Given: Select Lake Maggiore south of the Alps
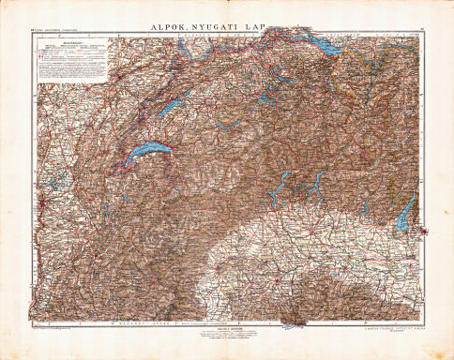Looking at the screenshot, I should tap(280, 193).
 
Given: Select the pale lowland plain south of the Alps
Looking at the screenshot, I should tap(310, 253).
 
